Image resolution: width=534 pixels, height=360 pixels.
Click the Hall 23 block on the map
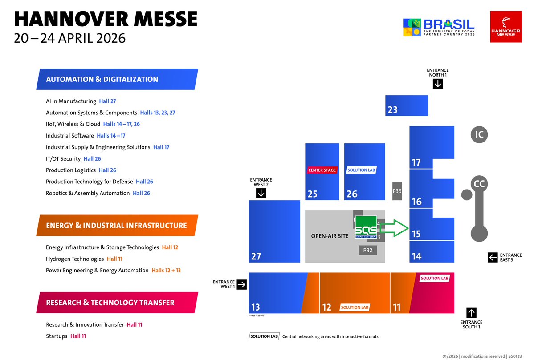click(x=406, y=105)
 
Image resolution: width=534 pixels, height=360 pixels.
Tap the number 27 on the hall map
click(x=256, y=256)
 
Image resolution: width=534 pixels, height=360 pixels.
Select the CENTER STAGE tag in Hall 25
click(x=322, y=170)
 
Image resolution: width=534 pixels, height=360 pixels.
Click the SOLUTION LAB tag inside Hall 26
click(x=361, y=170)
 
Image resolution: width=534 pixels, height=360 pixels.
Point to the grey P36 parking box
click(x=397, y=191)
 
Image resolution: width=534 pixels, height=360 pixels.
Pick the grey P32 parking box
click(x=367, y=251)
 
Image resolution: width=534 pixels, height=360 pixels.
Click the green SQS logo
click(x=366, y=227)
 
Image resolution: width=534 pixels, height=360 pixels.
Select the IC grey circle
click(x=479, y=134)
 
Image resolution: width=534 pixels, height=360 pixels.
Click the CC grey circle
click(x=479, y=183)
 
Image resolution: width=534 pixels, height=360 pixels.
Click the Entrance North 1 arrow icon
click(x=438, y=83)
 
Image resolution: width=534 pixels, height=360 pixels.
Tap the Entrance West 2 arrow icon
click(x=261, y=193)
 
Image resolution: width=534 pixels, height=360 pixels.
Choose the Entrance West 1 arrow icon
click(x=241, y=284)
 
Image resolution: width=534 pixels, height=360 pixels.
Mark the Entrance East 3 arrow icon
click(x=492, y=257)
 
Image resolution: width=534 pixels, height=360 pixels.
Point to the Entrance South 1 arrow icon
click(x=471, y=312)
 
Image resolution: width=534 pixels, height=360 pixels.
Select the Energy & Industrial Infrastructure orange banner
click(x=116, y=226)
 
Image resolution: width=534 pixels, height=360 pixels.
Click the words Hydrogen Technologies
click(x=75, y=259)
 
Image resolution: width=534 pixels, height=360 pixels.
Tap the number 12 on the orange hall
click(x=326, y=307)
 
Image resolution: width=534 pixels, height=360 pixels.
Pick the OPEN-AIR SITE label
click(x=330, y=236)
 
